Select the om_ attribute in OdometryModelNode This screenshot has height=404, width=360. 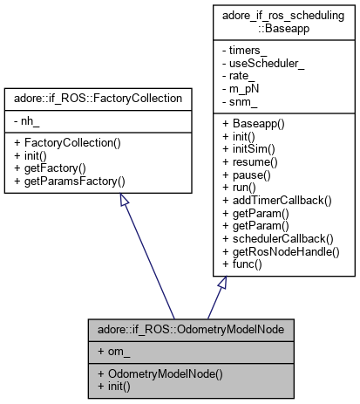(x=108, y=353)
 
